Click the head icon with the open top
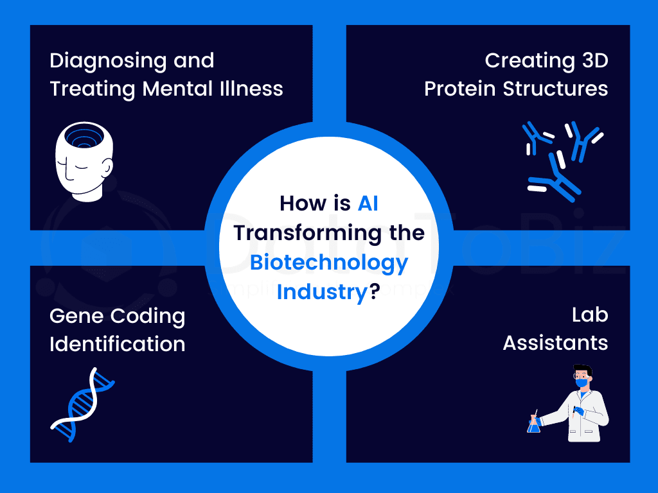(x=84, y=162)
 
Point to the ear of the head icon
(x=107, y=168)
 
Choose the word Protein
(x=460, y=89)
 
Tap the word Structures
(x=556, y=89)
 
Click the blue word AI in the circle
(x=368, y=203)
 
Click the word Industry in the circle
(x=322, y=293)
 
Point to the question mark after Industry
(x=375, y=291)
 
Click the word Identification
(x=118, y=344)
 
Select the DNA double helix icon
(x=82, y=404)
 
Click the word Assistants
(x=556, y=343)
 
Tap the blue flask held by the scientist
(x=533, y=424)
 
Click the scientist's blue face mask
(x=582, y=383)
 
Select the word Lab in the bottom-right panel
(x=590, y=315)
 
